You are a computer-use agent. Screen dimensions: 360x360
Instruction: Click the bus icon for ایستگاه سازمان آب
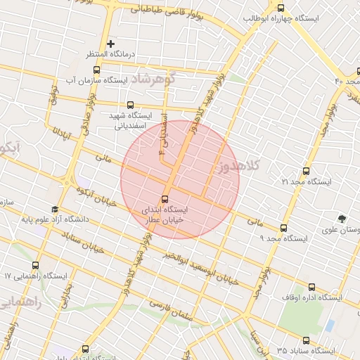tap(96, 69)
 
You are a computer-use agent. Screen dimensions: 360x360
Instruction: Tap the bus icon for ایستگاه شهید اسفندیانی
tap(130, 105)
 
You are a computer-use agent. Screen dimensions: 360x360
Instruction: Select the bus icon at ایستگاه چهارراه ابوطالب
tap(281, 8)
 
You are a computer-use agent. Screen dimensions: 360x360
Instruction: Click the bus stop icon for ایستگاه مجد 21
tap(305, 170)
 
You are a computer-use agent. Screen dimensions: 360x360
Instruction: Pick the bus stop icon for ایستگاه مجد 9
tap(283, 228)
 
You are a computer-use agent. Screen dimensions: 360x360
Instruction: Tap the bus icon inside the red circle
tap(165, 198)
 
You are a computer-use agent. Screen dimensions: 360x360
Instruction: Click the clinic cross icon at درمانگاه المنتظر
tap(110, 44)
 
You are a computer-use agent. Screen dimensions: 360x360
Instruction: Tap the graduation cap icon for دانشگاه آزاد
tap(55, 209)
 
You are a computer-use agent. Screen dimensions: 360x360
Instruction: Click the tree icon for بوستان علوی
tap(342, 219)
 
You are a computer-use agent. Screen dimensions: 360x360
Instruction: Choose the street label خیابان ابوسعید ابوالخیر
tap(202, 266)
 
